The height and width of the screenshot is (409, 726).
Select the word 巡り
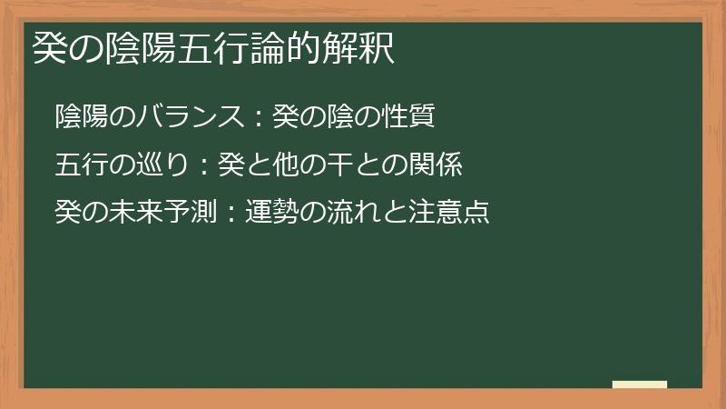coord(151,165)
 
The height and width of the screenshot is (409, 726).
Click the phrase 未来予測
coord(151,214)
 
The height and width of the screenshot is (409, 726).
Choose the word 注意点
coord(454,214)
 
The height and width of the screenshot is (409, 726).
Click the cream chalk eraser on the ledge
coord(639,384)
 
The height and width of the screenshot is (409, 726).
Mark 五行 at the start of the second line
coord(79,165)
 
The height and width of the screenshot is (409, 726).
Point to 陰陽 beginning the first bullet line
coord(79,117)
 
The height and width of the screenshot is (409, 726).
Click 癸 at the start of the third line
coord(67,214)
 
